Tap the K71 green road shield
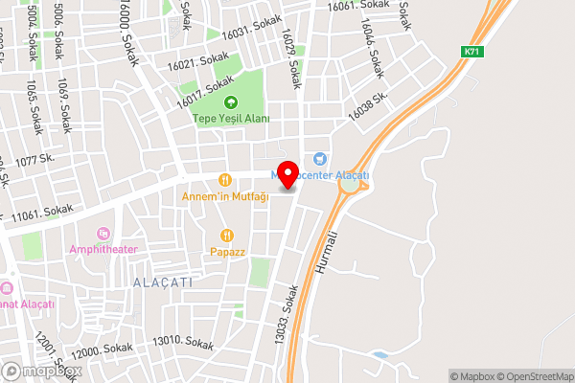click(471, 52)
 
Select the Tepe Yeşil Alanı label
click(231, 119)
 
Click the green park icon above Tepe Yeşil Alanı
click(230, 102)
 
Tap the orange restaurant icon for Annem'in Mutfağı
click(226, 179)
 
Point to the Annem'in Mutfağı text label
click(226, 196)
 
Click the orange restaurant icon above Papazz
click(227, 235)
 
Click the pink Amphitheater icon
click(103, 233)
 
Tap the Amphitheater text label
click(103, 250)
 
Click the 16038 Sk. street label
click(367, 105)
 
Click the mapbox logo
click(40, 372)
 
